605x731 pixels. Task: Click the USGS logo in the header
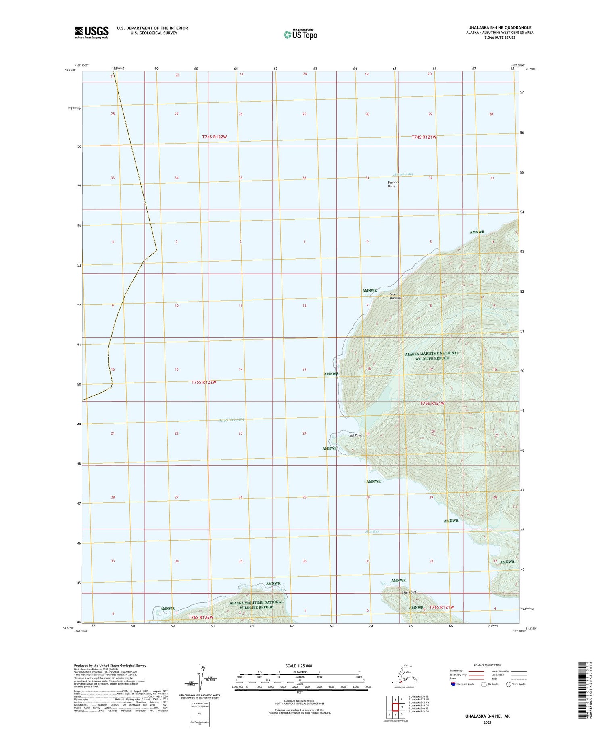(91, 32)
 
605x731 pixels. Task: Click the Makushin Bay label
(403, 175)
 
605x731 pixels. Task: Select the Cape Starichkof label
(396, 296)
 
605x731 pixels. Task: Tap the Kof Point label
(355, 435)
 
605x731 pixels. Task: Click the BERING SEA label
(231, 420)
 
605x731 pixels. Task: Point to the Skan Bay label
(372, 531)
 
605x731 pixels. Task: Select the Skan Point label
(408, 592)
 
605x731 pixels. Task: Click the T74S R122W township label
(215, 137)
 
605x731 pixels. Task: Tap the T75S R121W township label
(432, 404)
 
